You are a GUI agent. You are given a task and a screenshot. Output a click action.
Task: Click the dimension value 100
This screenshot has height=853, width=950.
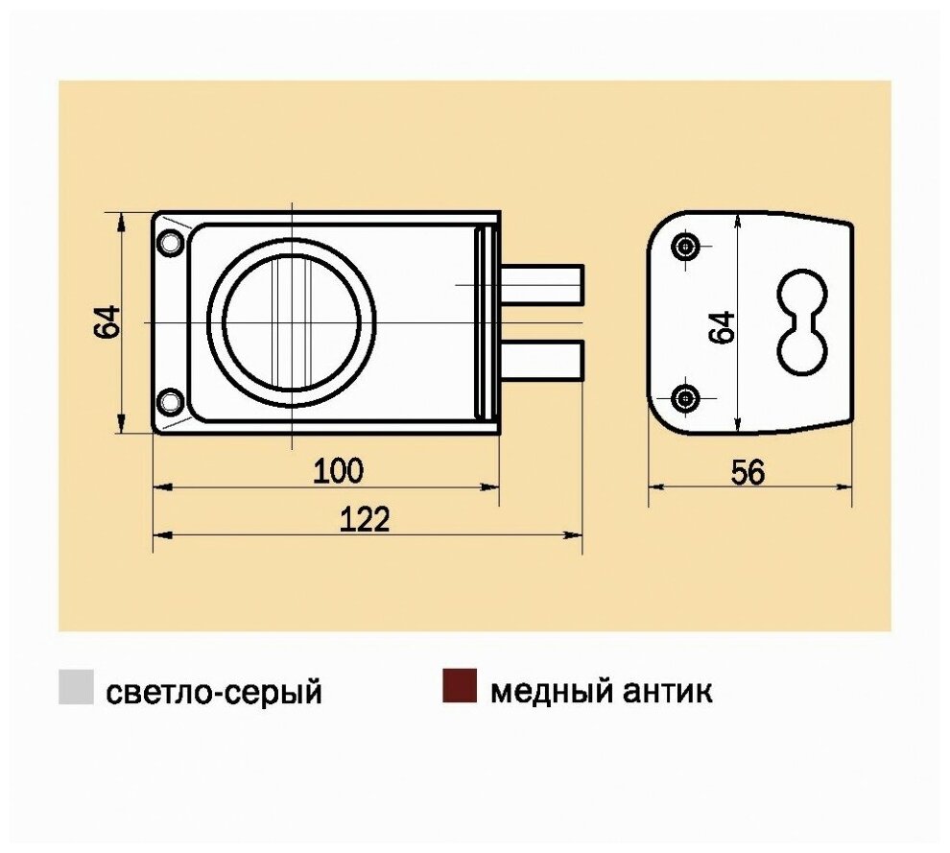tap(339, 471)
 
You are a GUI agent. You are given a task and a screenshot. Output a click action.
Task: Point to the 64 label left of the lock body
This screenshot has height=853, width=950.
tap(107, 321)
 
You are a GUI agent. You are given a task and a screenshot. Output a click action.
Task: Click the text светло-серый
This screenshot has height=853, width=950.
tap(213, 692)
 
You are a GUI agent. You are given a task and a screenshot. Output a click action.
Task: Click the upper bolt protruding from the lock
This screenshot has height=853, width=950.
tap(541, 284)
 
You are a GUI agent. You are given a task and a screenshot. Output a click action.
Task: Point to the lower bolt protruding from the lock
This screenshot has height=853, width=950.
tap(541, 360)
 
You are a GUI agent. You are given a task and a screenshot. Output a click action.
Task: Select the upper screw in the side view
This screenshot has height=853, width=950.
tap(685, 247)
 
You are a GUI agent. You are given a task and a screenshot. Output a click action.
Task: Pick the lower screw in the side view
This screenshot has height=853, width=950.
tap(685, 397)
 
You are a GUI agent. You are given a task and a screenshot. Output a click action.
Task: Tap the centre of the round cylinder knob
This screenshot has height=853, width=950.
tap(292, 321)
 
